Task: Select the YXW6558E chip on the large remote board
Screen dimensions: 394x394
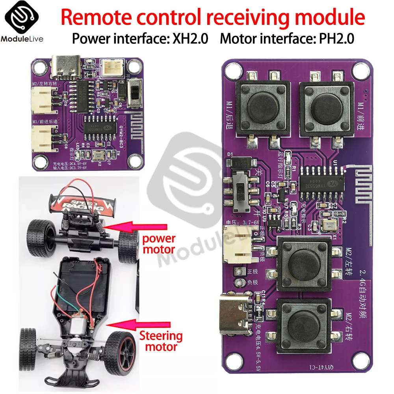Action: point(321,184)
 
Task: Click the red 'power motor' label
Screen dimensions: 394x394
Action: point(158,244)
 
